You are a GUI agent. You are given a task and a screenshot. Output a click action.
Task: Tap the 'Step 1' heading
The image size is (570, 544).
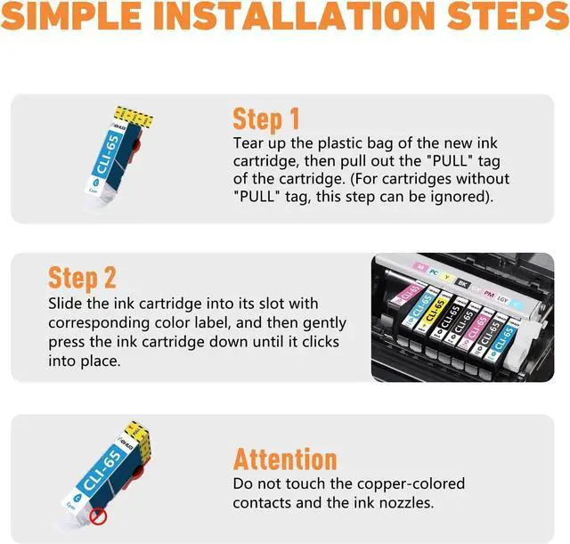click(266, 118)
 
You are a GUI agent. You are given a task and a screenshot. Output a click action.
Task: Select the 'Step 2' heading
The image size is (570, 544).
click(82, 278)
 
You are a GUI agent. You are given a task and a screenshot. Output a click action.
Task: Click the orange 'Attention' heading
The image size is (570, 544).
click(285, 459)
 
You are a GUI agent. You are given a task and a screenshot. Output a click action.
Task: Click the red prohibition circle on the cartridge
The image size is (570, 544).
click(98, 516)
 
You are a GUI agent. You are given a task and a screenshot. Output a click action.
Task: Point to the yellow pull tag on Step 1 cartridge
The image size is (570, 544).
click(134, 117)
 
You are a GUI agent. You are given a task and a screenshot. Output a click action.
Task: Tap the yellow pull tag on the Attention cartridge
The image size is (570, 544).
click(137, 434)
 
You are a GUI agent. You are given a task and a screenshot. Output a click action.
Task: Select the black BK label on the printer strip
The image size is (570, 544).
click(463, 283)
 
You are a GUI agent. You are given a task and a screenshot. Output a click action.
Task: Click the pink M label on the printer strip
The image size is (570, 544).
click(420, 267)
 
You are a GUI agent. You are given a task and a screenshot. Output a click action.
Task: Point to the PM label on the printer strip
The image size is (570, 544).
click(489, 294)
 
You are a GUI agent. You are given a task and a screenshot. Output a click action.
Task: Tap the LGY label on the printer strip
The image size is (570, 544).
click(502, 299)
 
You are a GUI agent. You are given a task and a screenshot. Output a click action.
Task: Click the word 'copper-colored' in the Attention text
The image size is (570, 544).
click(411, 484)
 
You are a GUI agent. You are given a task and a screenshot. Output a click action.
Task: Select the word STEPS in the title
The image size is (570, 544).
click(509, 16)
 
